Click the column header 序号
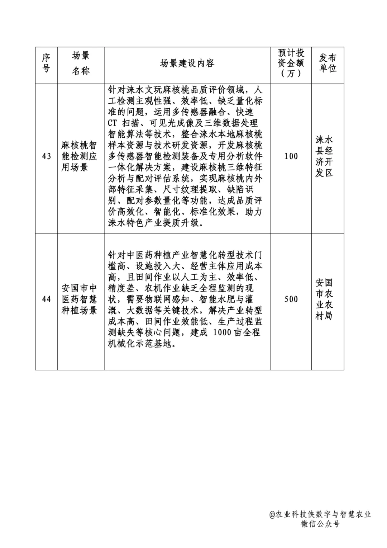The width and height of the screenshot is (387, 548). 46,63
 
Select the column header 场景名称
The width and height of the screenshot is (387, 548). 81,63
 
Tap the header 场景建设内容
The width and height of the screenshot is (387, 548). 187,63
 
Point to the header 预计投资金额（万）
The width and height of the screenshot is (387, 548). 291,63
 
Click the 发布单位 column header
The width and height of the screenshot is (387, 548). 328,63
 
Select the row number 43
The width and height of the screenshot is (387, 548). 47,156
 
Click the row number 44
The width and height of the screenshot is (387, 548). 47,299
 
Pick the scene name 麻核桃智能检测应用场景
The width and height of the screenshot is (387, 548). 79,156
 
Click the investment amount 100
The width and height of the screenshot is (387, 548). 291,156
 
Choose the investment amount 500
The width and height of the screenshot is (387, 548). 291,299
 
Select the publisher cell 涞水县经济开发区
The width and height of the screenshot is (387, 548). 324,156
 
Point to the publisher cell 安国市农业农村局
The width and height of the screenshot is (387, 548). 324,299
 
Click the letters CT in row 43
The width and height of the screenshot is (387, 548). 113,123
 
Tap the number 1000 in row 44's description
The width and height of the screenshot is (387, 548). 222,332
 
